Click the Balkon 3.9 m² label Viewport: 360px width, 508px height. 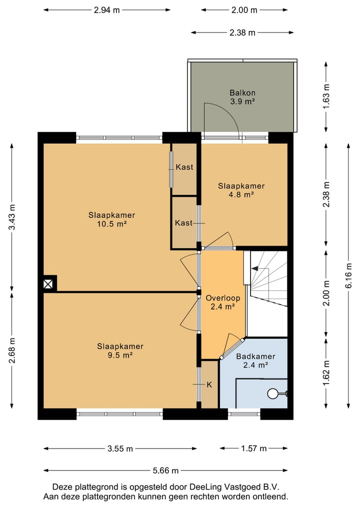coord(242,97)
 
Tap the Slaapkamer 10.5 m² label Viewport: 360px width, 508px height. coord(111,219)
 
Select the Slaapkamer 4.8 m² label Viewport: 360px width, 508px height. coord(241,190)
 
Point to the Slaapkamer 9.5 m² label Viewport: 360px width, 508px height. coord(120,351)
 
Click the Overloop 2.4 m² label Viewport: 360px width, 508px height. coord(223,302)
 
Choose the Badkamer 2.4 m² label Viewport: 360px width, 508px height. coord(255,361)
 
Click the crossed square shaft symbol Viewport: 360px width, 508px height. coord(48,284)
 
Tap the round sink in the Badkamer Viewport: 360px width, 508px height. coord(272,394)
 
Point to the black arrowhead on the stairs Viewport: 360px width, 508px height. coord(254,269)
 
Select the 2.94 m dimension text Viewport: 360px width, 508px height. coord(106,10)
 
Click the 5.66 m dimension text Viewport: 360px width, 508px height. coord(165,471)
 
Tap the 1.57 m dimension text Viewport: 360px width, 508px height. coord(253,449)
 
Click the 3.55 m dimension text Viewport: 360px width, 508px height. coord(120,449)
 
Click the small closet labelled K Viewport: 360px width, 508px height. coord(209,384)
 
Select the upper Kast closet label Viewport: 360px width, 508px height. coord(184,167)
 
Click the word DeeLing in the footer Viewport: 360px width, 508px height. coord(205,487)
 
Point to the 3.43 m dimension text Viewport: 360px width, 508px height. coord(12,217)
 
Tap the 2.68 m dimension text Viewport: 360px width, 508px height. coord(12,351)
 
